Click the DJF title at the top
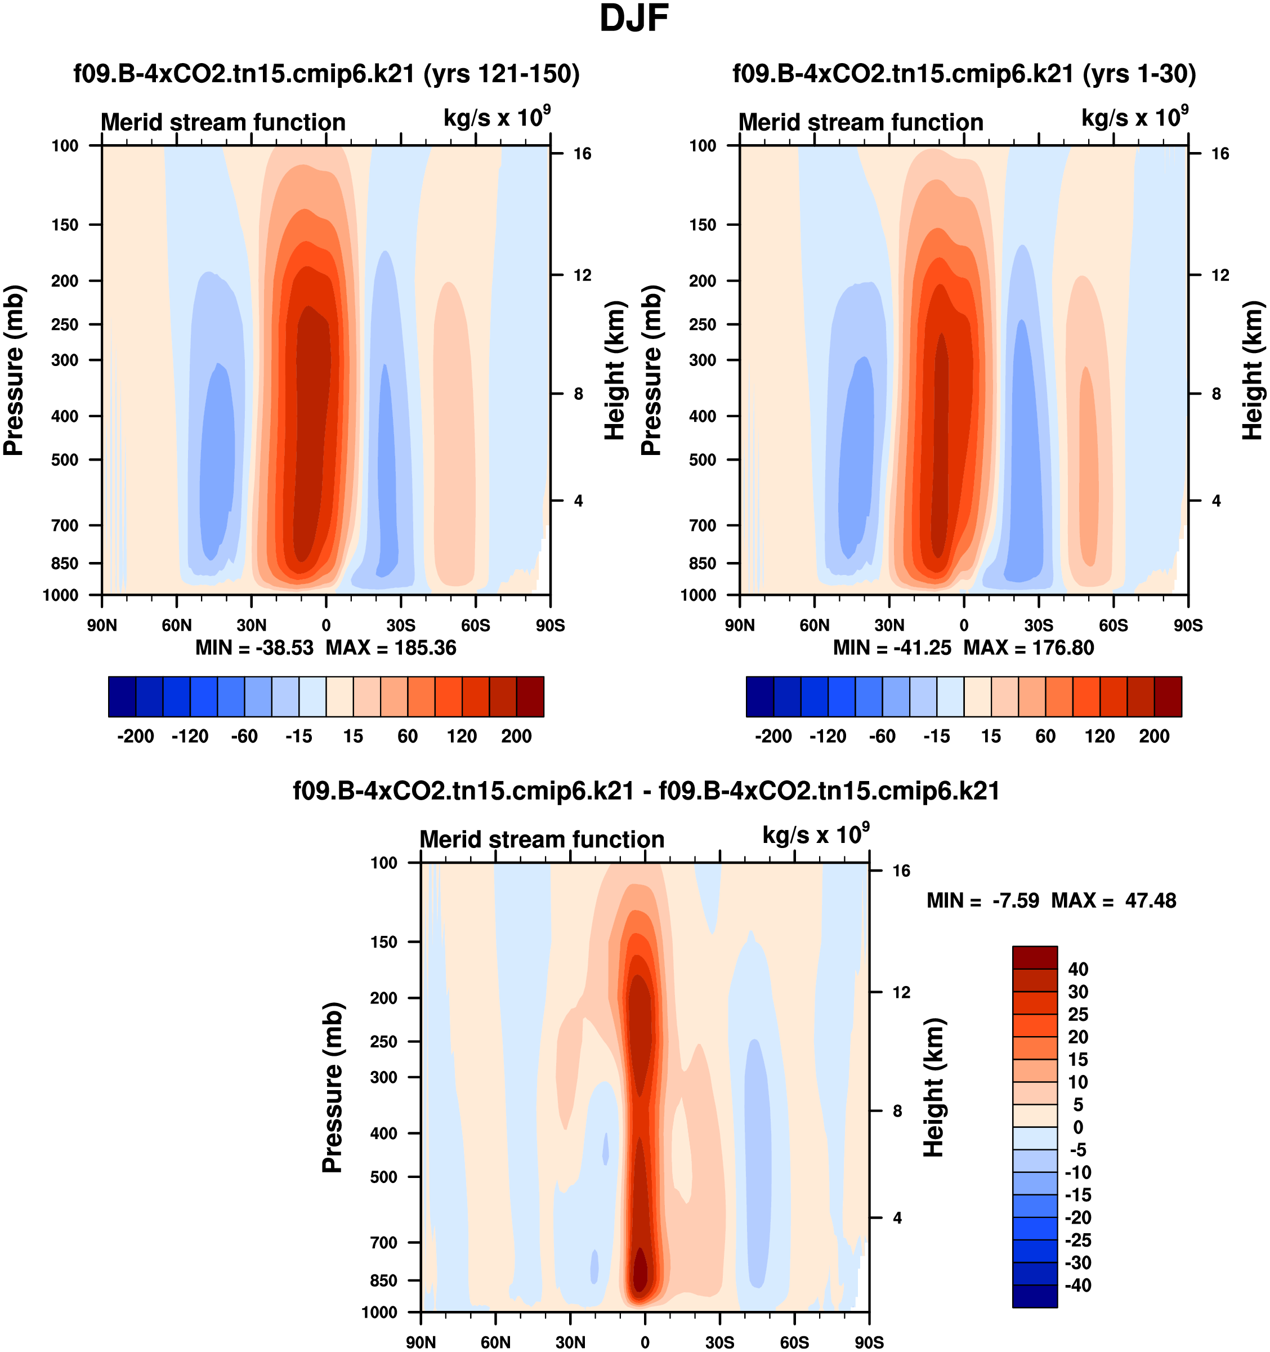click(634, 19)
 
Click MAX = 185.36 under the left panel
click(391, 648)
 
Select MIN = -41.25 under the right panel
click(892, 648)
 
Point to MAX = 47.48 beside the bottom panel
click(1114, 901)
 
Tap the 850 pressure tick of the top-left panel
click(65, 564)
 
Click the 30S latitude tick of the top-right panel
click(1038, 626)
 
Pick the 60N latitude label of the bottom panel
click(495, 1342)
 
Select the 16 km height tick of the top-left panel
click(582, 154)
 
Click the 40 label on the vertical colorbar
click(1078, 969)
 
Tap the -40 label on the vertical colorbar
click(1077, 1286)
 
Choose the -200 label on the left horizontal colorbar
click(135, 737)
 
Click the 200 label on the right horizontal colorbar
click(1153, 737)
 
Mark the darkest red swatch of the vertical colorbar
click(1035, 957)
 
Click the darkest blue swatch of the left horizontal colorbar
click(122, 697)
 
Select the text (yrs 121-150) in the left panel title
click(502, 73)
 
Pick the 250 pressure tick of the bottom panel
click(383, 1042)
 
